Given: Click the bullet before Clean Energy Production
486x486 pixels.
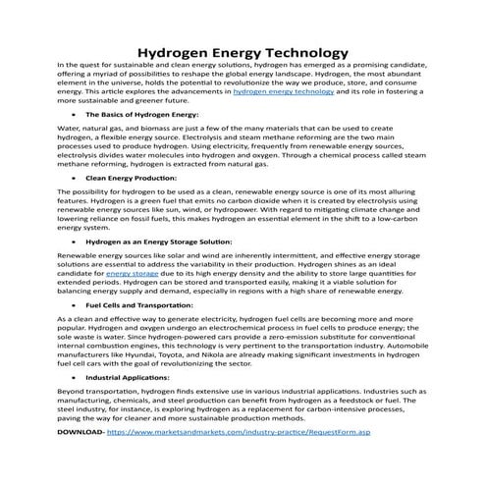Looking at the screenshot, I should pyautogui.click(x=76, y=179).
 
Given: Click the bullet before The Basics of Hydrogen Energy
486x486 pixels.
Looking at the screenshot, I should pyautogui.click(x=76, y=115).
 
